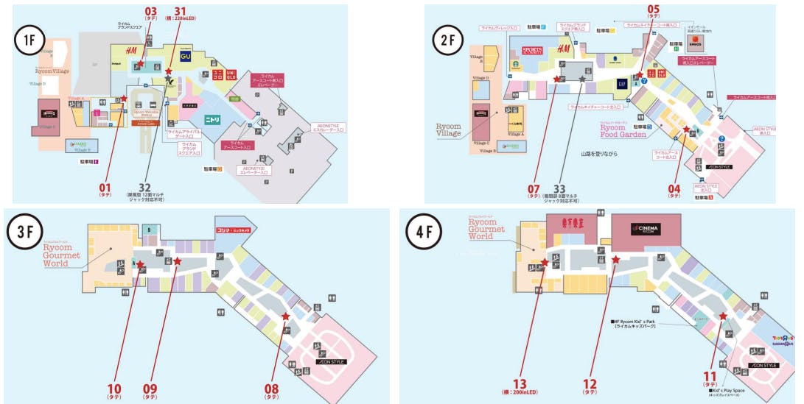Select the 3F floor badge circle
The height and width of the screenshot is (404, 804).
click(x=24, y=238)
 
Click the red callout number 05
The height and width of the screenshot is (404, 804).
click(x=653, y=10)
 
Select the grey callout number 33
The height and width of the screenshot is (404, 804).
click(x=559, y=187)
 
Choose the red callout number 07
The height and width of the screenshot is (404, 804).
click(x=534, y=187)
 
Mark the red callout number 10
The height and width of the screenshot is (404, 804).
click(x=114, y=388)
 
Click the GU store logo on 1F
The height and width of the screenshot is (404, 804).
click(x=184, y=55)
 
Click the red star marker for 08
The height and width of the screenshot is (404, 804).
click(x=285, y=316)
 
